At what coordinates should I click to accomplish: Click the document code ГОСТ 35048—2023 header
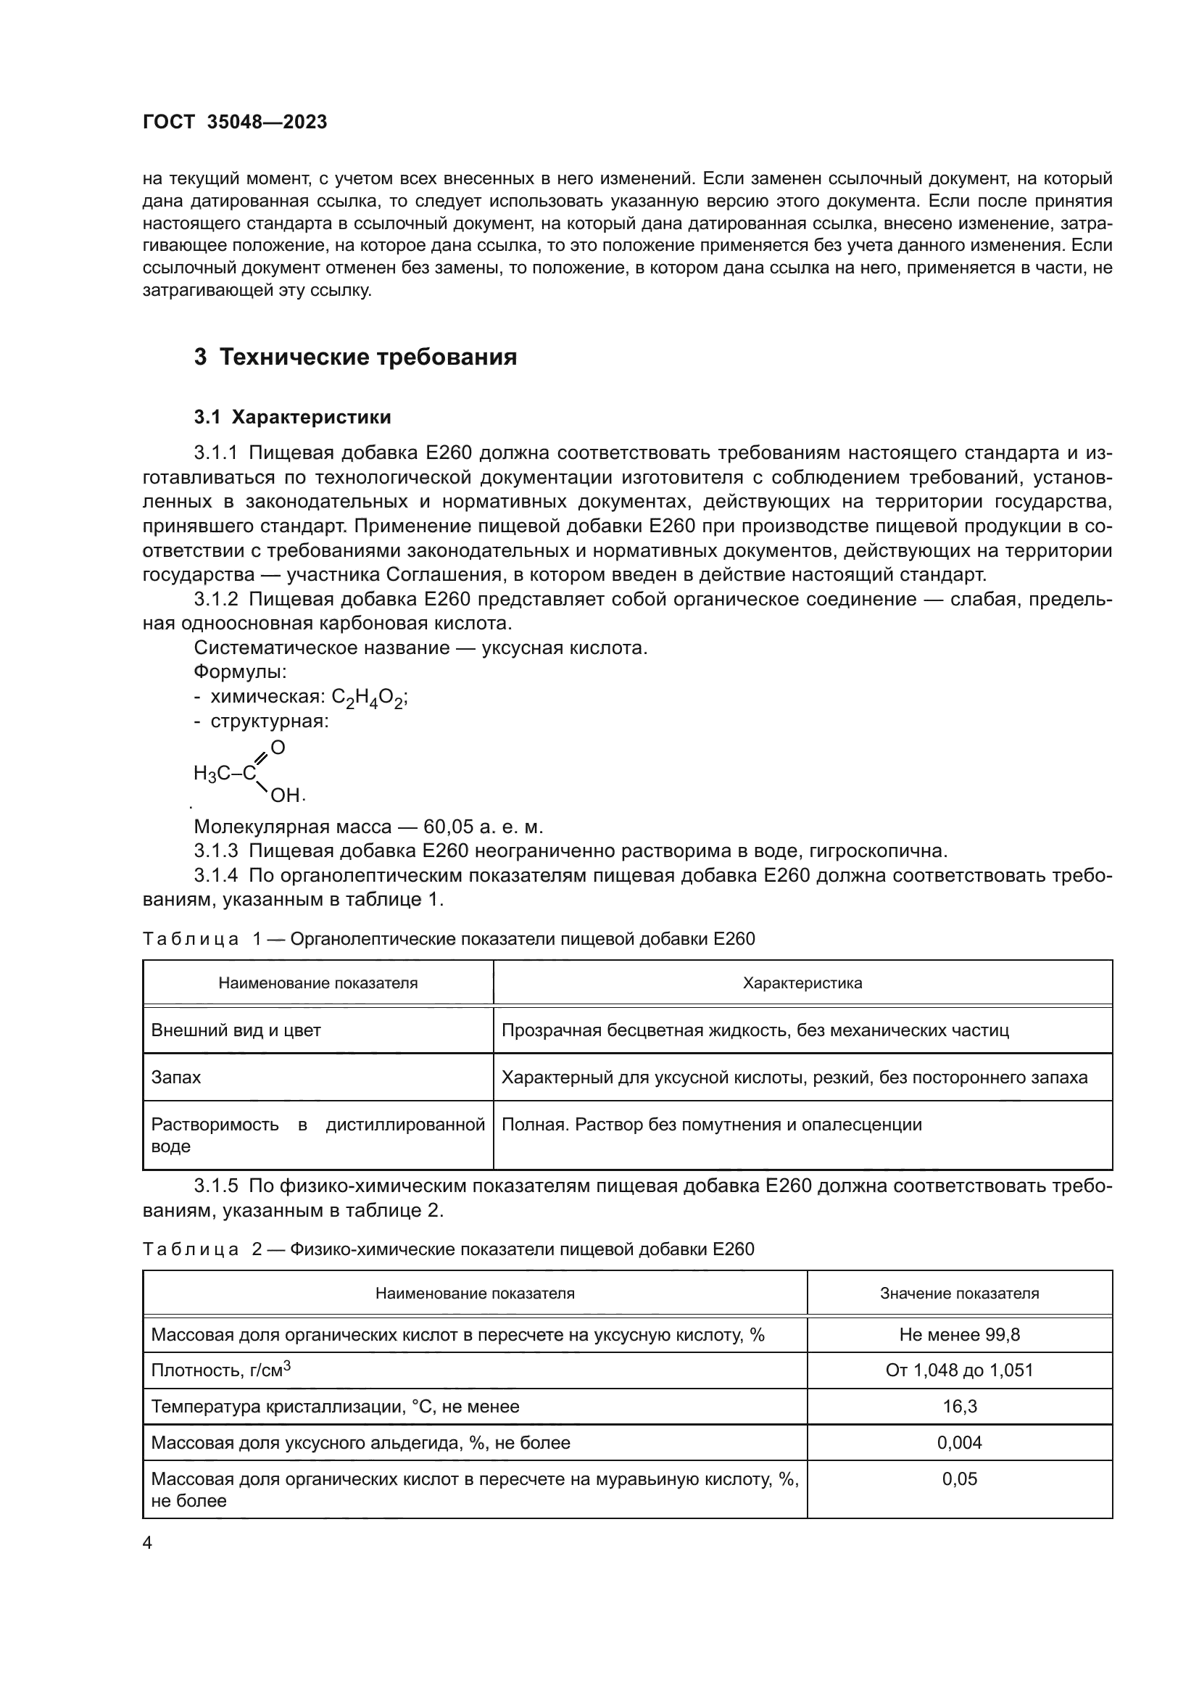(235, 122)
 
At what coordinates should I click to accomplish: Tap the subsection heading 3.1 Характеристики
(292, 418)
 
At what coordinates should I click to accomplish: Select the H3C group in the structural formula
(212, 774)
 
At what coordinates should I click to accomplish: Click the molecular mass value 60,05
(447, 827)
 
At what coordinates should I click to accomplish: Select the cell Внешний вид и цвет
(236, 1030)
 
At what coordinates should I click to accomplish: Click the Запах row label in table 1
(175, 1077)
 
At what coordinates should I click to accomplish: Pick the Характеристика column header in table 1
(802, 983)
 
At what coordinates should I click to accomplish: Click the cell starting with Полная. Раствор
(711, 1125)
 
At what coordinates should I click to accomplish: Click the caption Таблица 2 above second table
(447, 1249)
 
